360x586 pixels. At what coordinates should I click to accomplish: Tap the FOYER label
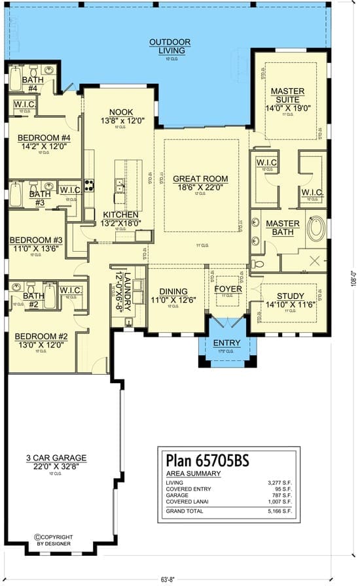228,288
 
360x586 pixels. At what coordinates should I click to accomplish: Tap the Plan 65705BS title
200,460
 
